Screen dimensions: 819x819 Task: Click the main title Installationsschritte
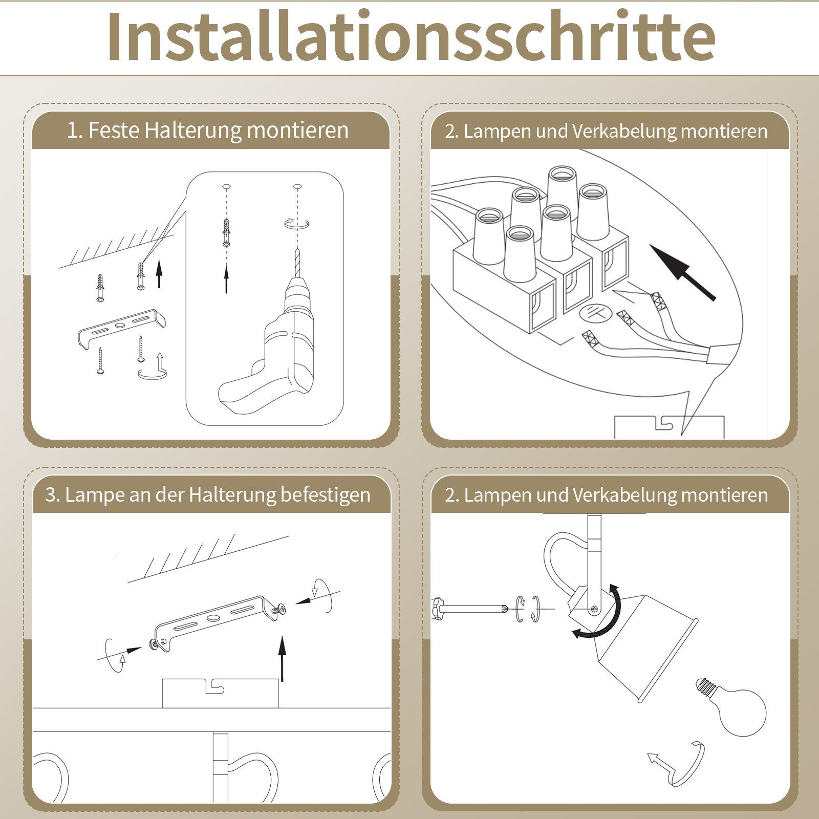[x=409, y=37]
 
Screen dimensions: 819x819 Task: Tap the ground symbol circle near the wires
[x=594, y=313]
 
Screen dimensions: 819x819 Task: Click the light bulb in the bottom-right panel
[x=737, y=709]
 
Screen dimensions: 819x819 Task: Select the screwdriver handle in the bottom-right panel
[x=440, y=609]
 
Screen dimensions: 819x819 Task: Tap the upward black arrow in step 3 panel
[x=282, y=658]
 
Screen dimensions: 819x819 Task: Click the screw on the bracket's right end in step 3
[x=279, y=610]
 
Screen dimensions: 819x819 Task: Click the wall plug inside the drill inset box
[x=226, y=232]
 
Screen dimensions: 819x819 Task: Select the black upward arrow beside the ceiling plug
[x=159, y=274]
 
